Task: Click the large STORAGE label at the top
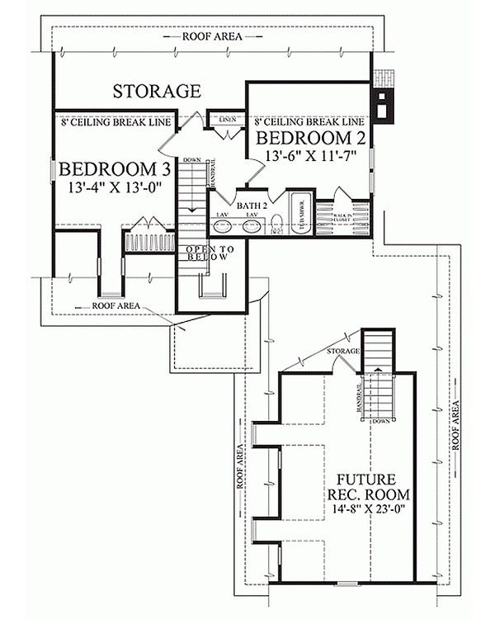pyautogui.click(x=157, y=90)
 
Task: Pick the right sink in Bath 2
pyautogui.click(x=252, y=224)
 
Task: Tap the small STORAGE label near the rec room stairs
pyautogui.click(x=344, y=352)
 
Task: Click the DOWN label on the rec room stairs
pyautogui.click(x=379, y=421)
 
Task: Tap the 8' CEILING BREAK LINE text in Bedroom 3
pyautogui.click(x=115, y=122)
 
